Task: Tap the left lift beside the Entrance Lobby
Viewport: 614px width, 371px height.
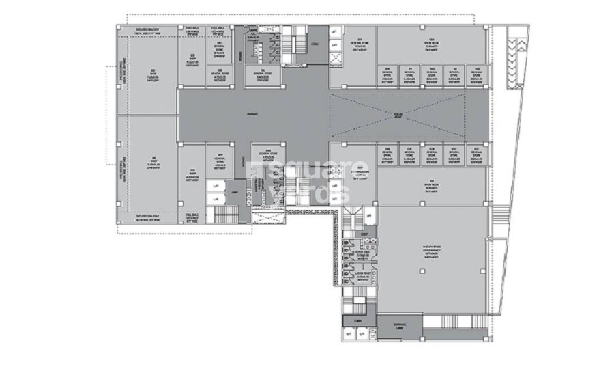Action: click(350, 334)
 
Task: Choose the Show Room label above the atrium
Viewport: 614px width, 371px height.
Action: click(430, 44)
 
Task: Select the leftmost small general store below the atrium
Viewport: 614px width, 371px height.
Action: click(388, 155)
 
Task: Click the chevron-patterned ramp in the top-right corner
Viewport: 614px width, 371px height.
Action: click(520, 46)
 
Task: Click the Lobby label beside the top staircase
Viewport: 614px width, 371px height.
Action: click(315, 43)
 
